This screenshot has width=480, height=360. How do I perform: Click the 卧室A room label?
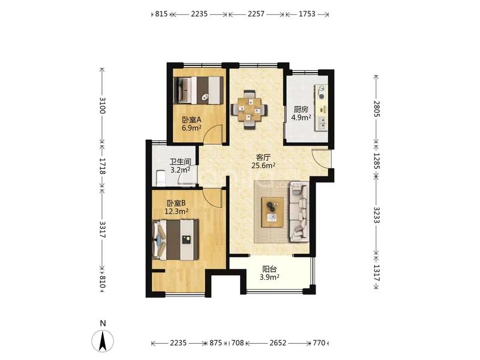pos(191,119)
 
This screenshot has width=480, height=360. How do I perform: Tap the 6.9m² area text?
pos(191,128)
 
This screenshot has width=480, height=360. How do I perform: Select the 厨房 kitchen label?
pos(301,109)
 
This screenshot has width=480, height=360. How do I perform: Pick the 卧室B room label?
pos(176,203)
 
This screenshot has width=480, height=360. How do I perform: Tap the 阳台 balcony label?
pos(269,269)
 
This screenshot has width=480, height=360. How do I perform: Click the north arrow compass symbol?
pos(103,341)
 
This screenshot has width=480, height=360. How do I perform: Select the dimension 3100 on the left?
pos(103,106)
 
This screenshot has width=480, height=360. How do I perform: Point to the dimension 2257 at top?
pos(256,14)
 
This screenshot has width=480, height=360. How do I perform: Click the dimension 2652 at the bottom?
pos(278,343)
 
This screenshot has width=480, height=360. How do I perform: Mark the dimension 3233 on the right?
pos(377,215)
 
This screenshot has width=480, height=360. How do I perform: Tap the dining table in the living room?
pos(249,109)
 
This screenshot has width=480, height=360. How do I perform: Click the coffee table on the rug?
pos(272,212)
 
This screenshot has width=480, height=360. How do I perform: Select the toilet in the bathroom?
pos(161,178)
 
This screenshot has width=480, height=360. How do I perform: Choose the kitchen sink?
pos(322,124)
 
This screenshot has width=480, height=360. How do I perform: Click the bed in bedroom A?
pos(198,91)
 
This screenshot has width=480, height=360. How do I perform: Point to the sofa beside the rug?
pos(299,212)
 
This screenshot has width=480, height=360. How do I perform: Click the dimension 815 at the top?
pos(161,14)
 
